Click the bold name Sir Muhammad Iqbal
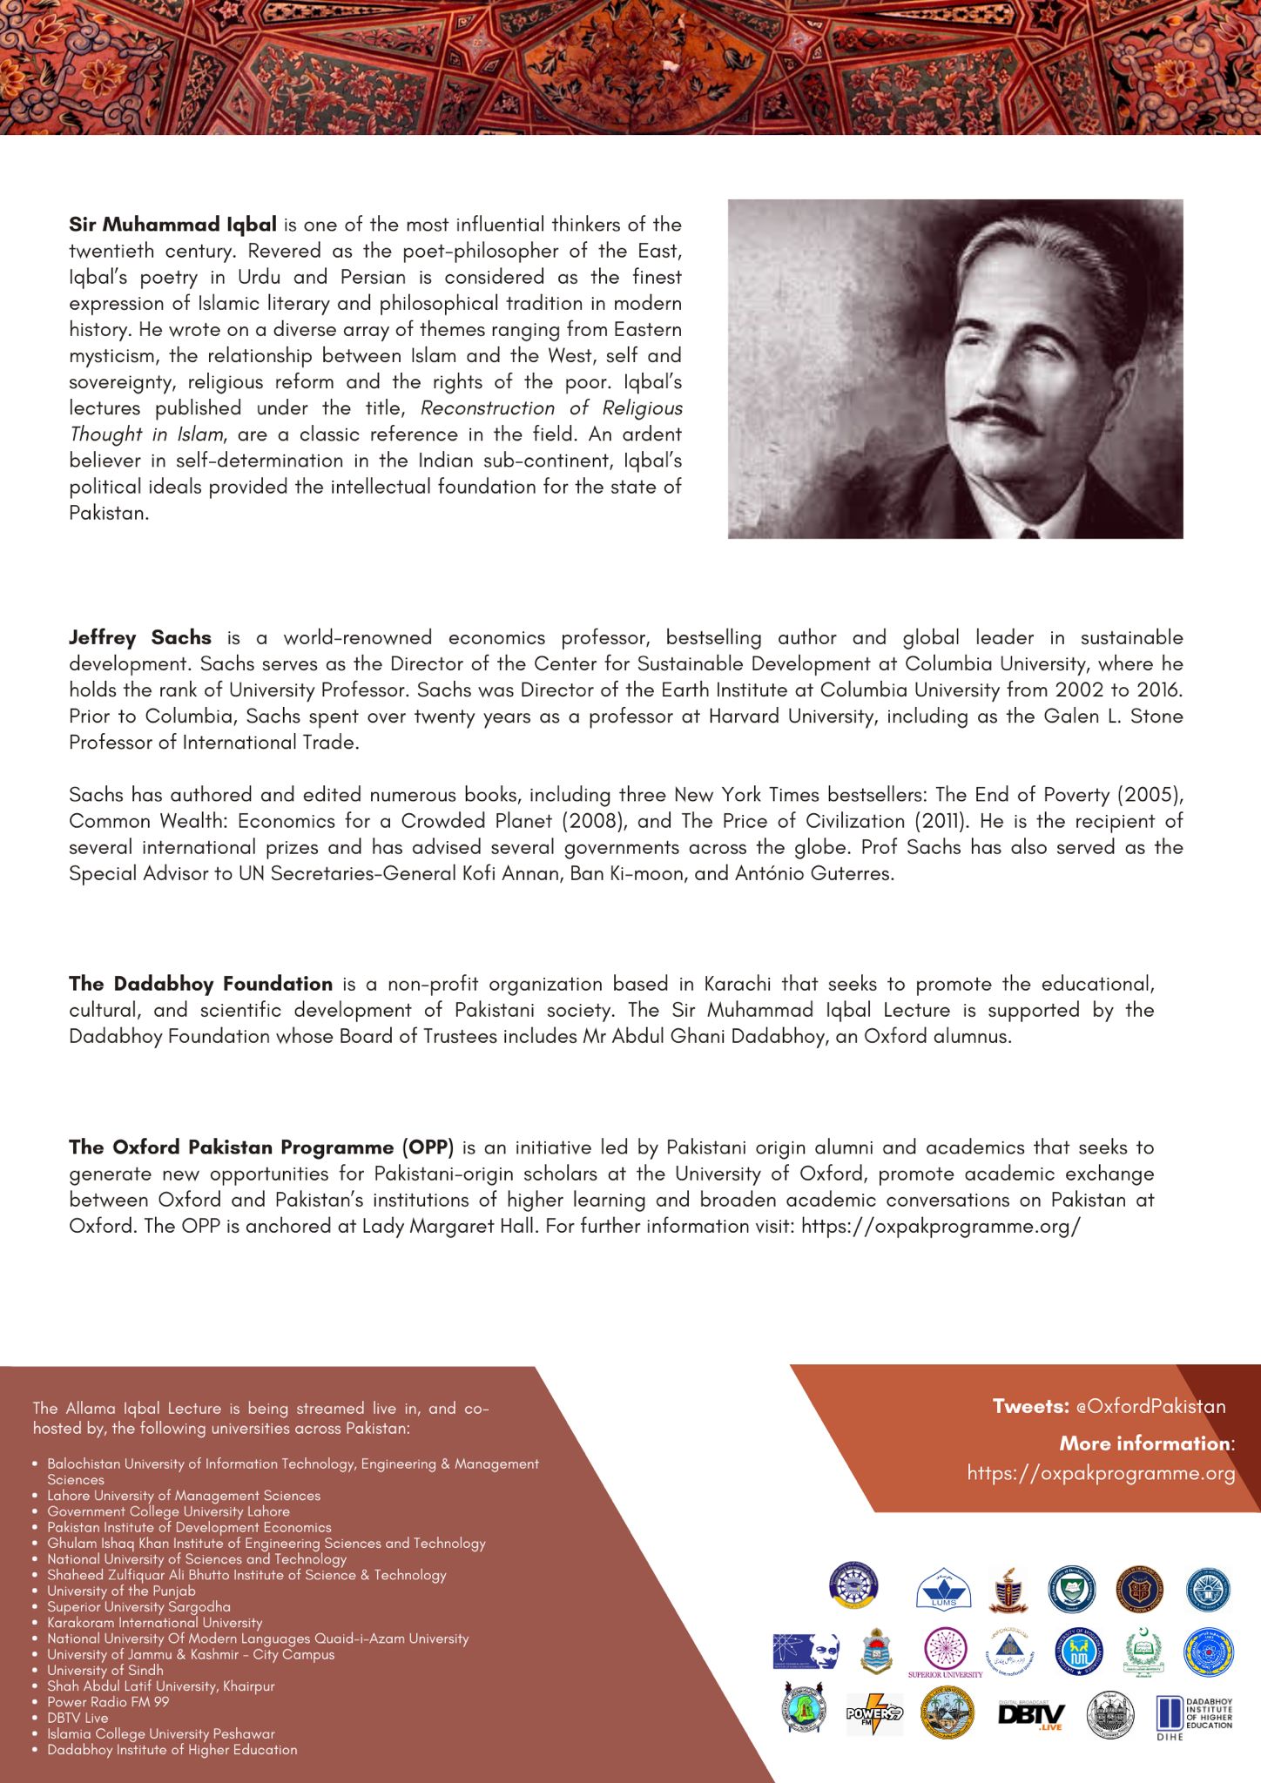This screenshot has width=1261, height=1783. pos(172,225)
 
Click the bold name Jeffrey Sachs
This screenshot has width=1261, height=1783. pos(140,637)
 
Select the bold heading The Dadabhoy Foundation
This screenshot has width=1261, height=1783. pos(201,984)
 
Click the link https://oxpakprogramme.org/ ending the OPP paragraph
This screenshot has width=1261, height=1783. pos(941,1227)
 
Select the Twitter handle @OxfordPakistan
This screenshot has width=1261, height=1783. pos(1150,1406)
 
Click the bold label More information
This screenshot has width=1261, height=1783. pos(1145,1443)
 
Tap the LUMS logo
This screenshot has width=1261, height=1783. pos(943,1590)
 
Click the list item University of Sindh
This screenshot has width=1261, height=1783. pos(105,1670)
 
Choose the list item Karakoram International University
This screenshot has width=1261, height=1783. pos(154,1623)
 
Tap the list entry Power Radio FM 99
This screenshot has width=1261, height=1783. pos(108,1702)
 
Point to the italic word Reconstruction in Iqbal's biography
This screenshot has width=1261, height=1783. pos(488,408)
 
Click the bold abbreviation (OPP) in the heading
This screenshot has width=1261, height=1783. pos(428,1147)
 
